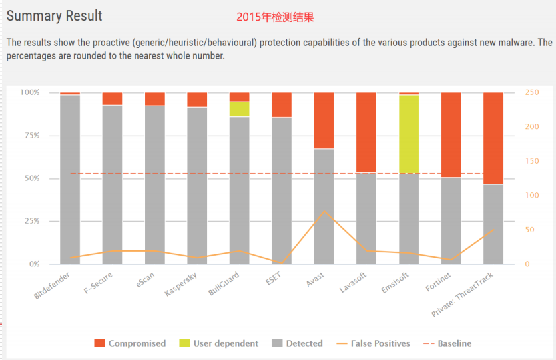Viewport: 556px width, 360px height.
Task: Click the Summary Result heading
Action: point(55,15)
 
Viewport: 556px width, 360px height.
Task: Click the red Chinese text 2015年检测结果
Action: point(276,15)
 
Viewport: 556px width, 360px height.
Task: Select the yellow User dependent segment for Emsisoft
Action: point(409,133)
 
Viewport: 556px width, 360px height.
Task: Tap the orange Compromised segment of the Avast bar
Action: point(324,120)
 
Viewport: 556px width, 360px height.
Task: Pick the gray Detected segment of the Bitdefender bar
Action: point(70,180)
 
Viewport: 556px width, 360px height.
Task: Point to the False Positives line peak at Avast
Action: point(324,211)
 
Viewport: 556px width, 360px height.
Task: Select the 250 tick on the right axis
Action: point(532,92)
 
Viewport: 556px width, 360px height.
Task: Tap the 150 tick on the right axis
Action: point(532,161)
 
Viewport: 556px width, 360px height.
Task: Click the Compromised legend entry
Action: point(130,343)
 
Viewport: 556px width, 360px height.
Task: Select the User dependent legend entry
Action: point(218,343)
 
